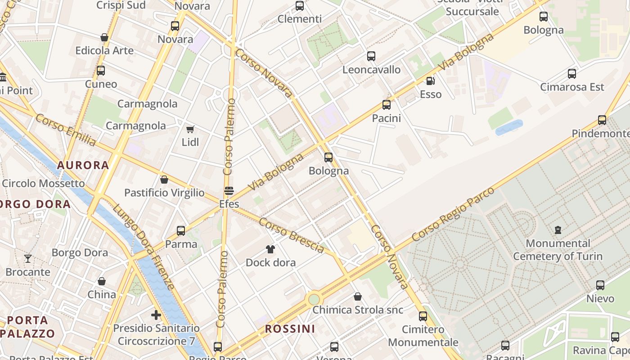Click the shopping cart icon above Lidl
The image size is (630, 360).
tap(190, 130)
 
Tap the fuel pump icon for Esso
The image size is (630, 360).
tap(431, 81)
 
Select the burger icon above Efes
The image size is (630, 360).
tap(229, 190)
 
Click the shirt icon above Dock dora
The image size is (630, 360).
tap(270, 249)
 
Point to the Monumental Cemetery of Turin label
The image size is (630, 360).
tap(558, 250)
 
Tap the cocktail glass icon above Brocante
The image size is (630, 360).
tap(28, 259)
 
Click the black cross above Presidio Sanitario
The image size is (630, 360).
tap(156, 315)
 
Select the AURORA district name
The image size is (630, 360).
tap(83, 165)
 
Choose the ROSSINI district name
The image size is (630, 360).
tap(290, 329)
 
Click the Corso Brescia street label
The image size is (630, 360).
tap(292, 235)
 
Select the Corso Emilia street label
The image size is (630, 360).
tap(65, 130)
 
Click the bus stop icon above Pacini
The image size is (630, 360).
tap(386, 105)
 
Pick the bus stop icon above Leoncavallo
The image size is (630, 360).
tap(371, 56)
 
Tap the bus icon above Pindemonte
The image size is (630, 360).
tap(602, 120)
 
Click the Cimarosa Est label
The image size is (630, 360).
tap(572, 87)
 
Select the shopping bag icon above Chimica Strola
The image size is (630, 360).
tap(358, 297)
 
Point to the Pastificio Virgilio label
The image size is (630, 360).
tap(164, 193)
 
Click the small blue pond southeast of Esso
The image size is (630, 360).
tap(509, 127)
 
